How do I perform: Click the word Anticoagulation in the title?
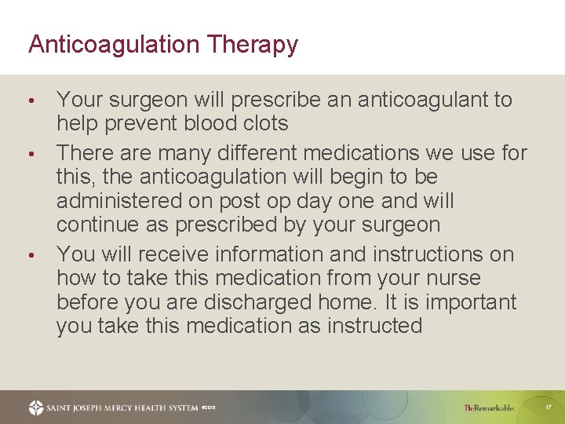click(x=113, y=45)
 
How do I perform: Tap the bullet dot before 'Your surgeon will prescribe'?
click(x=31, y=101)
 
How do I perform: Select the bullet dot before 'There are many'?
click(x=31, y=153)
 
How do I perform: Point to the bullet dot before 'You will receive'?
click(x=31, y=256)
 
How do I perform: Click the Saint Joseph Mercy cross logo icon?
click(x=36, y=408)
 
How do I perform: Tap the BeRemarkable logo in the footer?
click(x=489, y=408)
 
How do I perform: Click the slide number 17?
click(x=549, y=408)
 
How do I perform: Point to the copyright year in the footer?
click(x=208, y=408)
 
